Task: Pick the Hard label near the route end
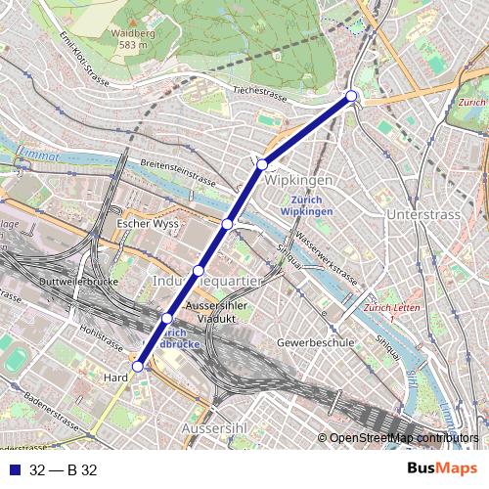pos(115,376)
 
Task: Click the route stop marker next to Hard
pos(138,367)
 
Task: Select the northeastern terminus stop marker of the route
pos(351,96)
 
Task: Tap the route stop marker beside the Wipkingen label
pos(262,165)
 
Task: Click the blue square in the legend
pos(13,469)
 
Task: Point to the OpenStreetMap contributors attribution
pos(404,438)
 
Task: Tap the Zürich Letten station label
pos(382,313)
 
